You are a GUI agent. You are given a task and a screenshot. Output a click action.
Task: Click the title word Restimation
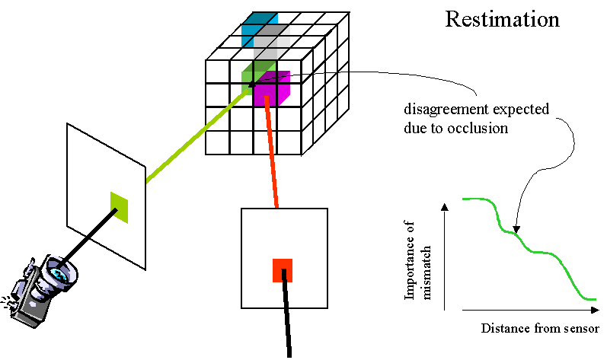[x=502, y=19]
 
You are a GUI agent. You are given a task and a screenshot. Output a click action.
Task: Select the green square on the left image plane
[x=119, y=207]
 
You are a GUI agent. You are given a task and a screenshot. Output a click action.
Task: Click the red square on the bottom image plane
[x=283, y=269]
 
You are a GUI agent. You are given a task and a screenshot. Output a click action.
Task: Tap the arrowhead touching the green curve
[x=516, y=228]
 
